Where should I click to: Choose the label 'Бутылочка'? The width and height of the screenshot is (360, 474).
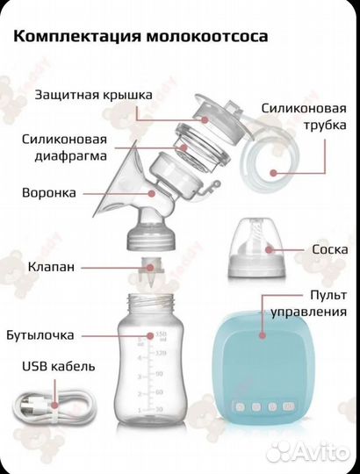click(x=59, y=334)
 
